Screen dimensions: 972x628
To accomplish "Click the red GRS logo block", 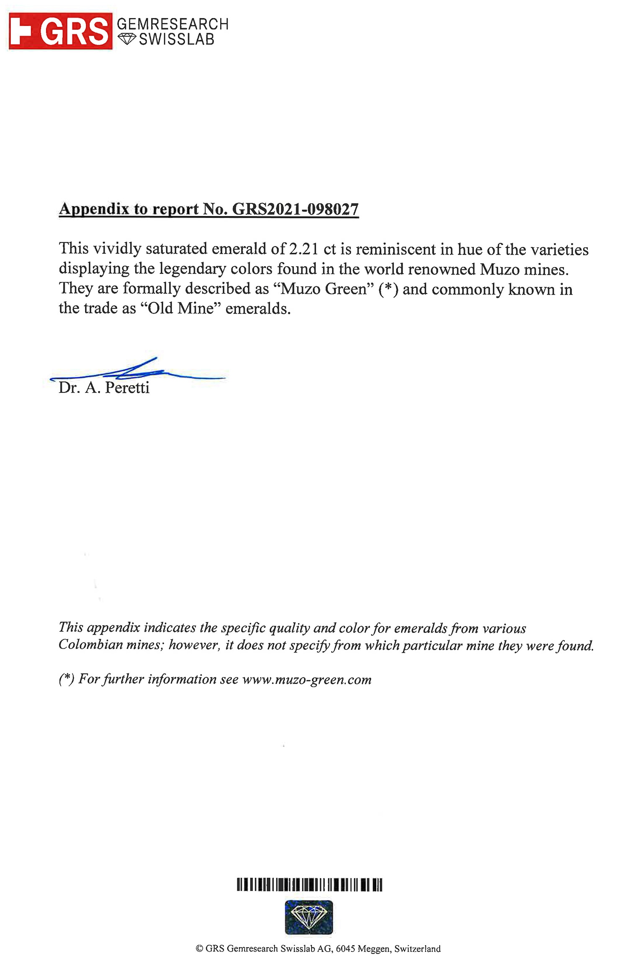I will point(61,31).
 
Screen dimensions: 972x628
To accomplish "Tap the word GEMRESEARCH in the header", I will point(172,24).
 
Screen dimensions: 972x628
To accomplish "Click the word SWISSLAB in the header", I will point(177,39).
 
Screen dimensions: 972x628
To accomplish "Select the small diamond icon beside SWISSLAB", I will point(126,39).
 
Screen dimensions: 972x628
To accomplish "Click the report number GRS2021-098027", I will point(295,209).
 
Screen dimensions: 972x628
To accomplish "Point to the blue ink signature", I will point(138,371).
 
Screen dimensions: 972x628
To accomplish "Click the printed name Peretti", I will point(127,388).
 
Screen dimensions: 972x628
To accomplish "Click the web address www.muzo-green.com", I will point(306,679).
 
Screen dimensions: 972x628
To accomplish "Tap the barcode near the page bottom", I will point(309,885).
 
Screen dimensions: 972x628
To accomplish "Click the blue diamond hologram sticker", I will point(309,918).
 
